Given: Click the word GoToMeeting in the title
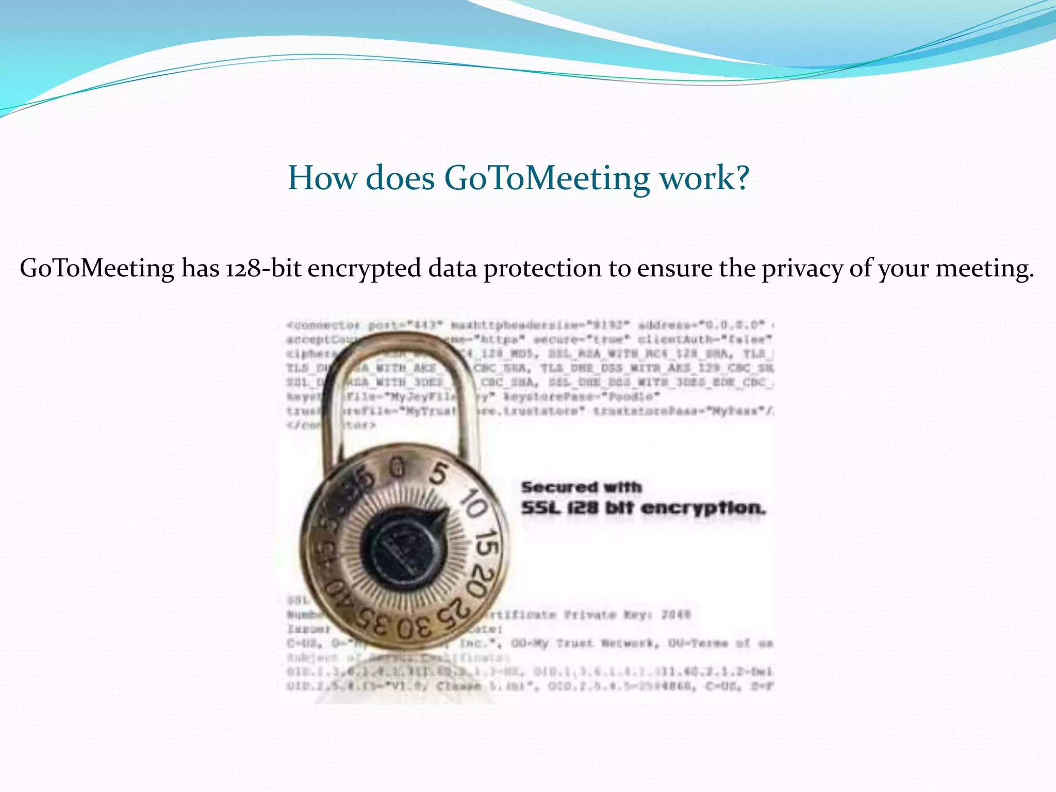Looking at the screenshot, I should click(547, 178).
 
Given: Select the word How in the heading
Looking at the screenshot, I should click(322, 178).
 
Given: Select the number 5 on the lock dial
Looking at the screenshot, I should click(438, 474).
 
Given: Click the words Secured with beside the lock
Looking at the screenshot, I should click(581, 487).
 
